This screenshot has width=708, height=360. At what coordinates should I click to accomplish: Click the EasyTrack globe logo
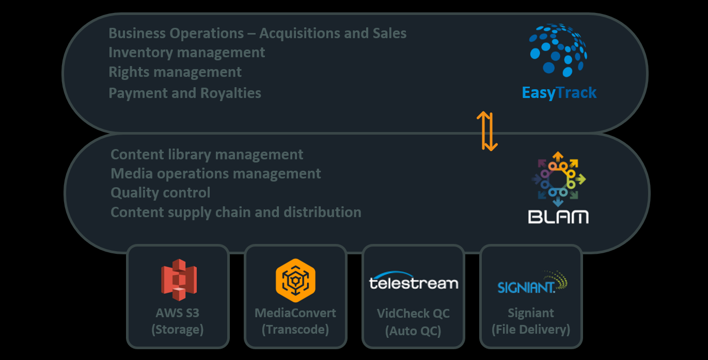pos(558,51)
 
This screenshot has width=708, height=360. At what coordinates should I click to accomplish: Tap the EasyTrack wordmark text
pos(559,93)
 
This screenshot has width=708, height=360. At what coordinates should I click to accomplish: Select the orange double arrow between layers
pos(486,130)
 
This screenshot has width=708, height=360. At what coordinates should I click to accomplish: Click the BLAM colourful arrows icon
pos(558,179)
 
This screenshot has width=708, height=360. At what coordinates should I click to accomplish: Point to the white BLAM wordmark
pos(558,216)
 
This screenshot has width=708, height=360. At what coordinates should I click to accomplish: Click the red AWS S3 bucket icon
pos(178,280)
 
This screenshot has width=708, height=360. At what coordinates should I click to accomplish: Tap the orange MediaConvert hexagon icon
pos(295,279)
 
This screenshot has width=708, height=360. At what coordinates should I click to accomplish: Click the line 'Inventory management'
pos(186,53)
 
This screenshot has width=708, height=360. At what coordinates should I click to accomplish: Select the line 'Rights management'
pos(175,72)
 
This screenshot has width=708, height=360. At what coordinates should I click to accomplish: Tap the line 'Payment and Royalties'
pos(185,93)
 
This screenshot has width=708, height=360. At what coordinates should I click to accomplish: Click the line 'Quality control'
pos(161,193)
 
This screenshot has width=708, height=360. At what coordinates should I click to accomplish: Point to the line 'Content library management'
pos(207,155)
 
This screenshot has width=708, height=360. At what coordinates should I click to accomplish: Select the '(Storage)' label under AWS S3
pos(177,330)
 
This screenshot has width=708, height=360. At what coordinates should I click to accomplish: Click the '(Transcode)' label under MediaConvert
pos(295,330)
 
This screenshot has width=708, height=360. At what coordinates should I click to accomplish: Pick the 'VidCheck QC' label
pos(413,313)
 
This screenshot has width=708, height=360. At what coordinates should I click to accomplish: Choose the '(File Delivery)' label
pos(531,330)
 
